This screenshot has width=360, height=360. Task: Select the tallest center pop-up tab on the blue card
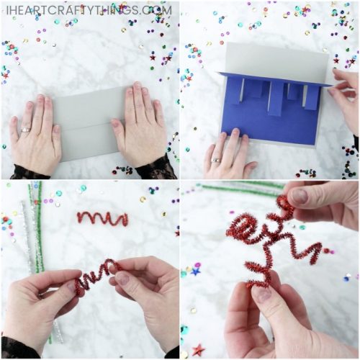pos(274,96)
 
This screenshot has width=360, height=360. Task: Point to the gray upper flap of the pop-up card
pos(274,61)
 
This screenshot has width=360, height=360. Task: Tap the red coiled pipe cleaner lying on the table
pos(102,217)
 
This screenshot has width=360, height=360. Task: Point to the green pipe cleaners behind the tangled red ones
pos(238,189)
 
